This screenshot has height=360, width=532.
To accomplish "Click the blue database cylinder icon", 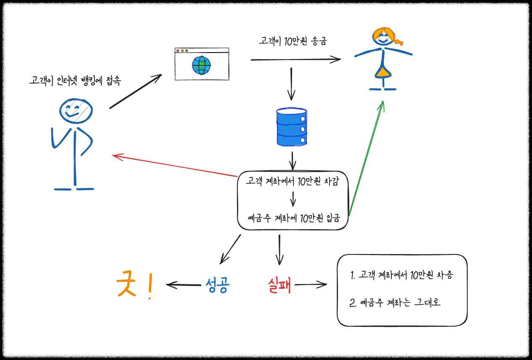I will (291, 127).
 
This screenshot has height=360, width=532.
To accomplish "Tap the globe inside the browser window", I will (201, 65).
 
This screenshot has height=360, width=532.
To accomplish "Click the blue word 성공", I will (218, 286).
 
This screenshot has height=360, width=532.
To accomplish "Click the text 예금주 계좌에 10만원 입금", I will (293, 219).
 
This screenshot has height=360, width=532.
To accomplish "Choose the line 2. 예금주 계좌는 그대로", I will (395, 302).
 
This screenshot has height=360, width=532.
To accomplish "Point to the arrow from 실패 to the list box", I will (311, 285).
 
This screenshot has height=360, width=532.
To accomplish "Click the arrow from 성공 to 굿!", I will (184, 285).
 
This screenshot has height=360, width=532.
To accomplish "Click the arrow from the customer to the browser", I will (136, 91).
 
